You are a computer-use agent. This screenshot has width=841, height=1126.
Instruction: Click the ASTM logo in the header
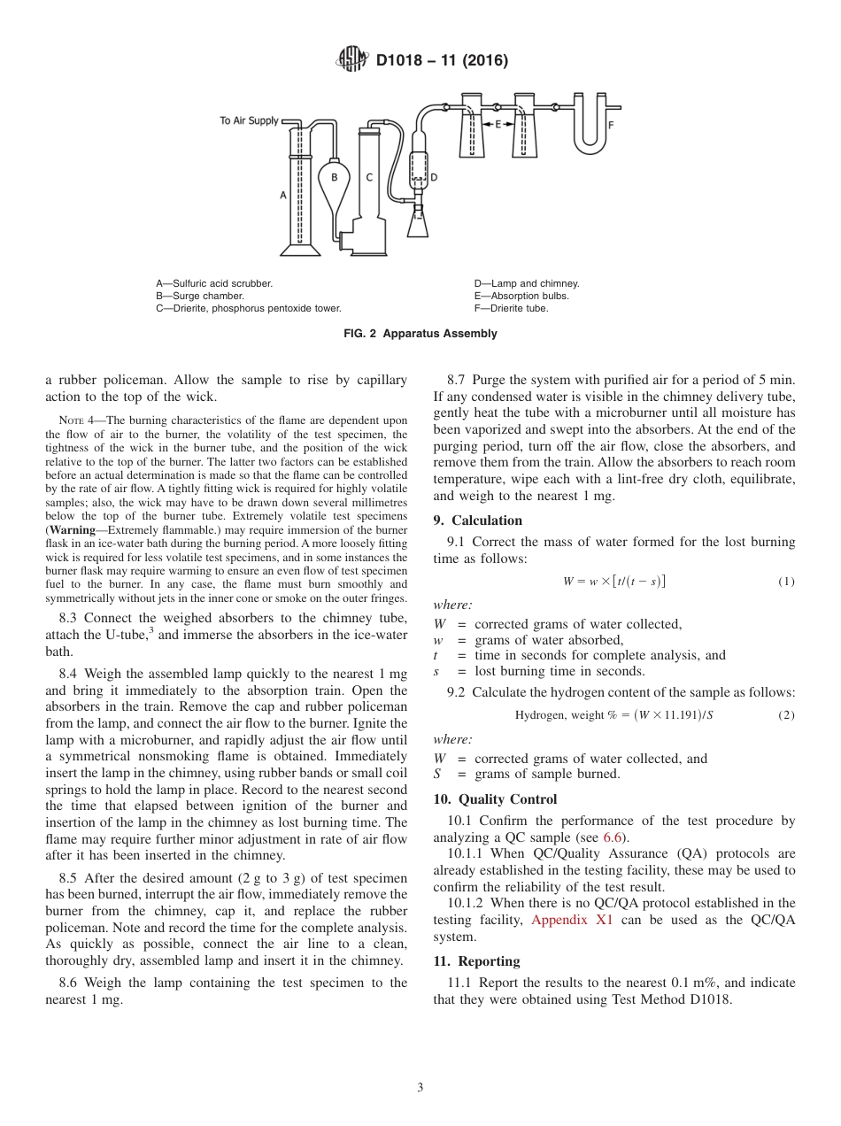click(x=352, y=60)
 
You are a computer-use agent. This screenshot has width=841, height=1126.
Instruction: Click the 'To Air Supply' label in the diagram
click(x=249, y=120)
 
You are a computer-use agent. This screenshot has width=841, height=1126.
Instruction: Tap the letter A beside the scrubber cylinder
click(x=283, y=195)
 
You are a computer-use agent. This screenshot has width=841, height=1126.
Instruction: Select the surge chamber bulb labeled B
click(x=334, y=181)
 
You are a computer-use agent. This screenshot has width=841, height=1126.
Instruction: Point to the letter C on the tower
click(x=369, y=177)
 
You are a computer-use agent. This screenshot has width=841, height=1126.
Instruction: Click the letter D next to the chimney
click(x=433, y=177)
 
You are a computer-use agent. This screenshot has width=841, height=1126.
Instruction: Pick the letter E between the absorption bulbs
click(x=498, y=124)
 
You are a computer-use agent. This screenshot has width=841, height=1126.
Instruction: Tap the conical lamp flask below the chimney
click(x=418, y=223)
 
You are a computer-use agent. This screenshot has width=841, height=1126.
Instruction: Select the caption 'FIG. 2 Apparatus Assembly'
click(x=420, y=334)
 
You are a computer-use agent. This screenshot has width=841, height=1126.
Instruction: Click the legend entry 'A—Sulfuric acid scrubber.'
click(x=214, y=283)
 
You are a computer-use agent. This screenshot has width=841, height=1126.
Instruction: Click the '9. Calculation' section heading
click(x=477, y=521)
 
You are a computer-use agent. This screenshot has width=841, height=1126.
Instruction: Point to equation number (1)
click(x=786, y=582)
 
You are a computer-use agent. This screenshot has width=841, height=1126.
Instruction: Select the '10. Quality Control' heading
click(x=495, y=799)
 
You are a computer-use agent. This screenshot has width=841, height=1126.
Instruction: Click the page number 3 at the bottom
click(x=420, y=1087)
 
